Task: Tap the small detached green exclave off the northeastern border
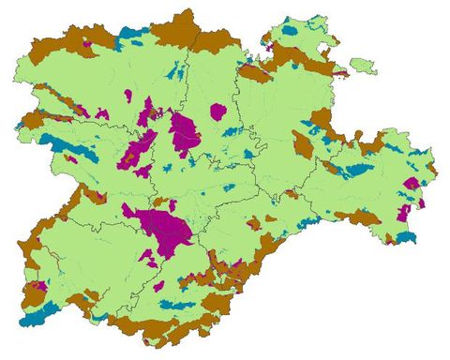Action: click(363, 67)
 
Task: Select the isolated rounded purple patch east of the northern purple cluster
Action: click(218, 112)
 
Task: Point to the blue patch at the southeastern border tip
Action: click(406, 238)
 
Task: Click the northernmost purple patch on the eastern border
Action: click(411, 183)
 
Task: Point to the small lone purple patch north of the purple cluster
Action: click(130, 94)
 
